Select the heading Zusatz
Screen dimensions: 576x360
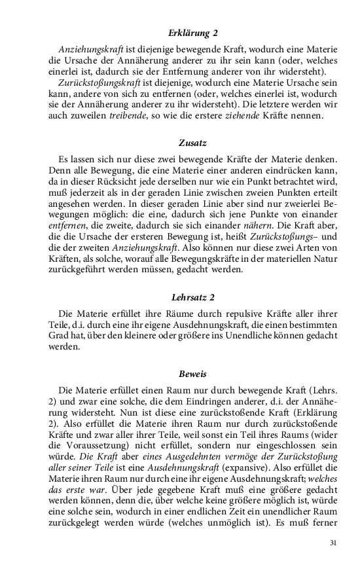click(x=192, y=143)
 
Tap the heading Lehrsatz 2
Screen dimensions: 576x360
click(x=192, y=297)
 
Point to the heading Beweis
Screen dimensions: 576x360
click(x=192, y=374)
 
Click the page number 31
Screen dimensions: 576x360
click(x=333, y=543)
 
